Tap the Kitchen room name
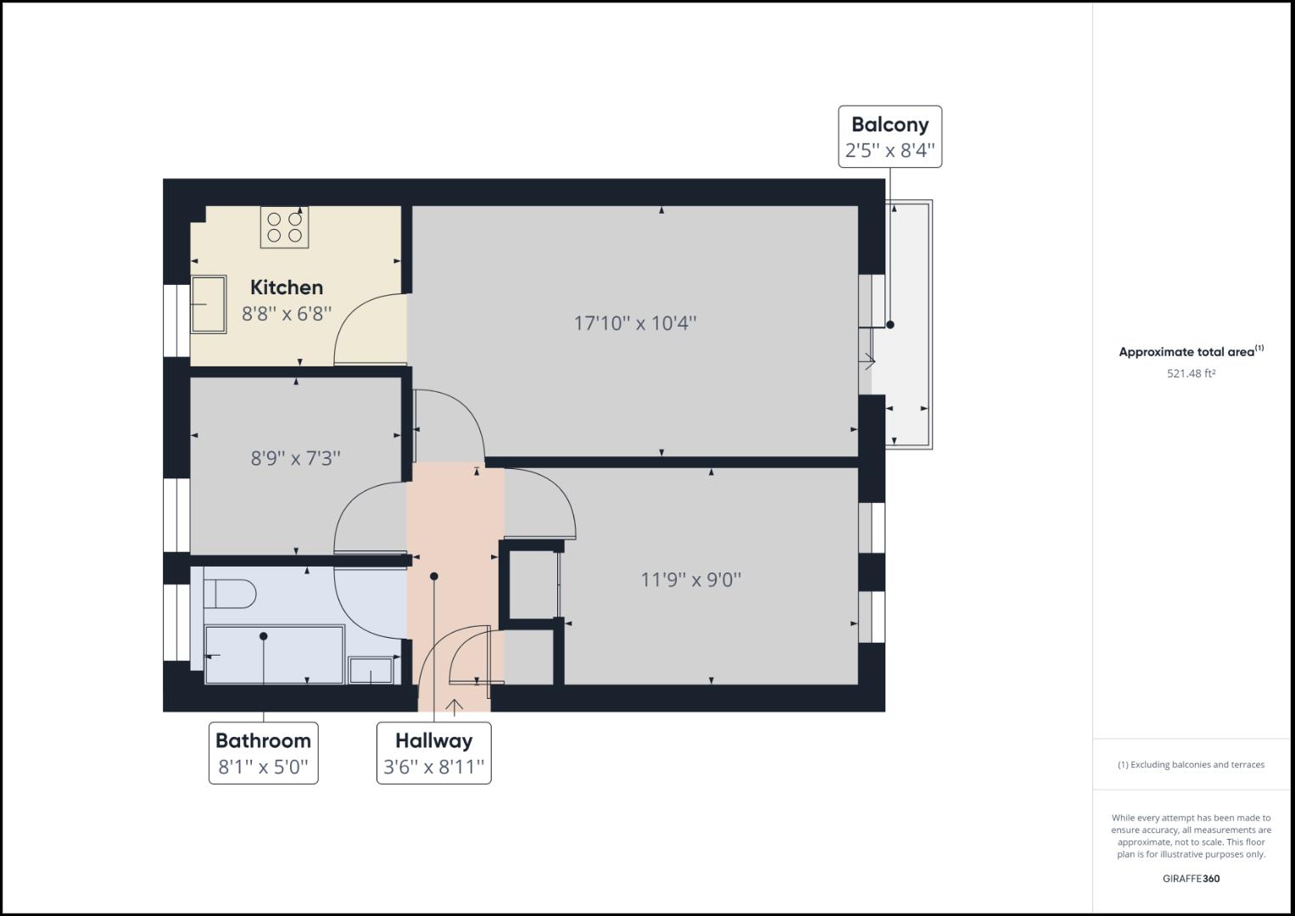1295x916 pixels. pyautogui.click(x=286, y=288)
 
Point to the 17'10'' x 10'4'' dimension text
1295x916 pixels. pyautogui.click(x=635, y=323)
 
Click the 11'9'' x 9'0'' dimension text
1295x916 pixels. pyautogui.click(x=690, y=580)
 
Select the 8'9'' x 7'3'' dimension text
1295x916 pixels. pyautogui.click(x=295, y=458)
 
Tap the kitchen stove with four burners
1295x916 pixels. pyautogui.click(x=284, y=227)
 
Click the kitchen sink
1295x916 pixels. pyautogui.click(x=209, y=304)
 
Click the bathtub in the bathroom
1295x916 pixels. pyautogui.click(x=274, y=655)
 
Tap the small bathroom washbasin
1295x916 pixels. pyautogui.click(x=371, y=670)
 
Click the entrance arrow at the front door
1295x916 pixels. pyautogui.click(x=455, y=707)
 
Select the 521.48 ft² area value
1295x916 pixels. pyautogui.click(x=1191, y=373)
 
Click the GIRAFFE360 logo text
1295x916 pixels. pyautogui.click(x=1191, y=879)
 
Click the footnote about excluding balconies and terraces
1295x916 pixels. pyautogui.click(x=1191, y=764)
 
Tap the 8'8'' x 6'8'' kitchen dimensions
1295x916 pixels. pyautogui.click(x=286, y=314)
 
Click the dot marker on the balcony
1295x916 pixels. pyautogui.click(x=890, y=325)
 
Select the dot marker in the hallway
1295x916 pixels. pyautogui.click(x=434, y=577)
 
